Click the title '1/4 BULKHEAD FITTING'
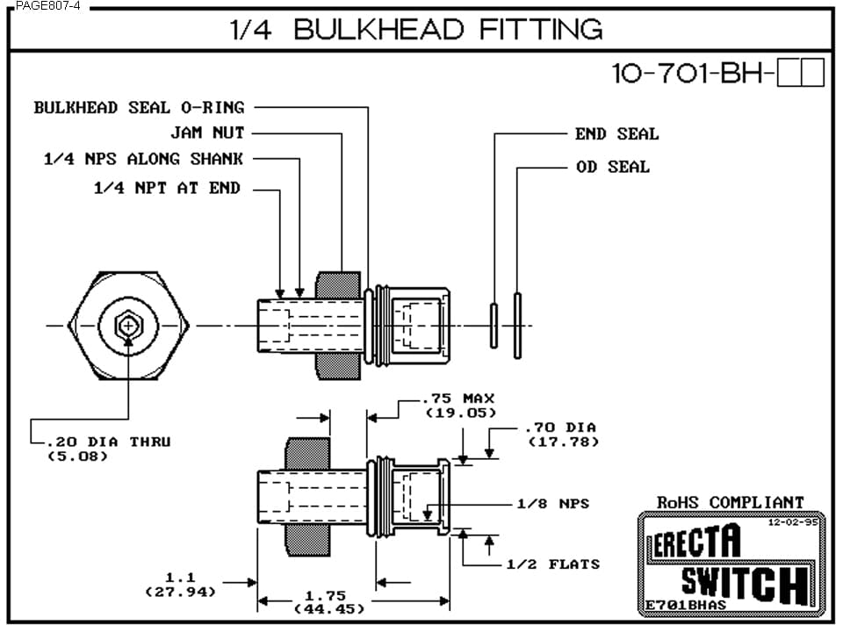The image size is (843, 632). [x=416, y=29]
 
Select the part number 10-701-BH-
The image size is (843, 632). [x=694, y=74]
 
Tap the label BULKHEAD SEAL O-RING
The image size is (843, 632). [x=139, y=107]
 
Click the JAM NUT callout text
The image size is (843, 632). [x=207, y=133]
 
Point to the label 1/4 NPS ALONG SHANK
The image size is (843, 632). [x=143, y=159]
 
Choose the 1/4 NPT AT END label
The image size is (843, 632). [x=167, y=188]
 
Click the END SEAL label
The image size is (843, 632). [x=616, y=133]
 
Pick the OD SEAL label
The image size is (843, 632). [x=613, y=166]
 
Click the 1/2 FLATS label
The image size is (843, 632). [x=552, y=564]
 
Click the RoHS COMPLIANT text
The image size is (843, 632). [x=730, y=502]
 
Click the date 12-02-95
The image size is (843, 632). [x=793, y=521]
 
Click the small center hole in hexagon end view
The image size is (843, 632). [x=129, y=327]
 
